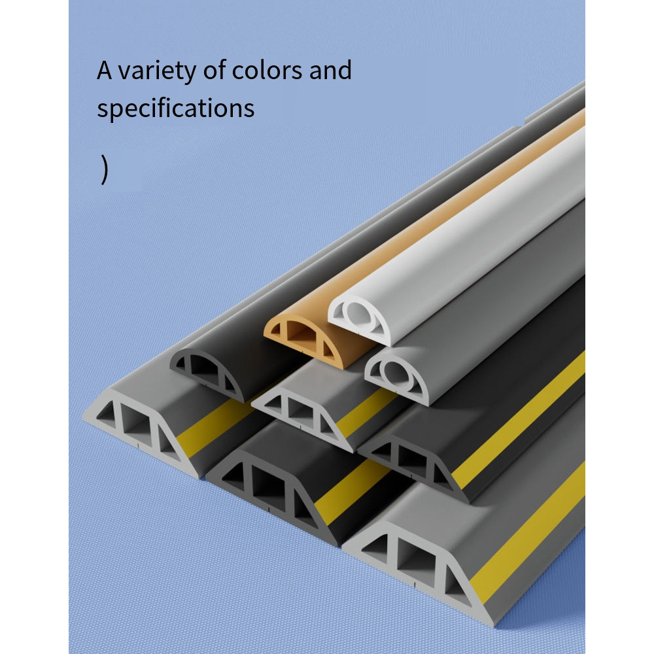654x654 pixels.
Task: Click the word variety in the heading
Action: [156, 71]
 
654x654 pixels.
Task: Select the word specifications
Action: [175, 109]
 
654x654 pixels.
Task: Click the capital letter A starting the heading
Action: [104, 70]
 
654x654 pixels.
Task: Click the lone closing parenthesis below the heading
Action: [104, 169]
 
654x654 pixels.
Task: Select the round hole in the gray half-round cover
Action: [396, 373]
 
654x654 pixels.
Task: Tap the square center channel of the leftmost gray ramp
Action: [137, 426]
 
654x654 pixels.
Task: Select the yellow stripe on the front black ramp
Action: [353, 490]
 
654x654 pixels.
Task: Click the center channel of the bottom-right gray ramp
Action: [416, 563]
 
